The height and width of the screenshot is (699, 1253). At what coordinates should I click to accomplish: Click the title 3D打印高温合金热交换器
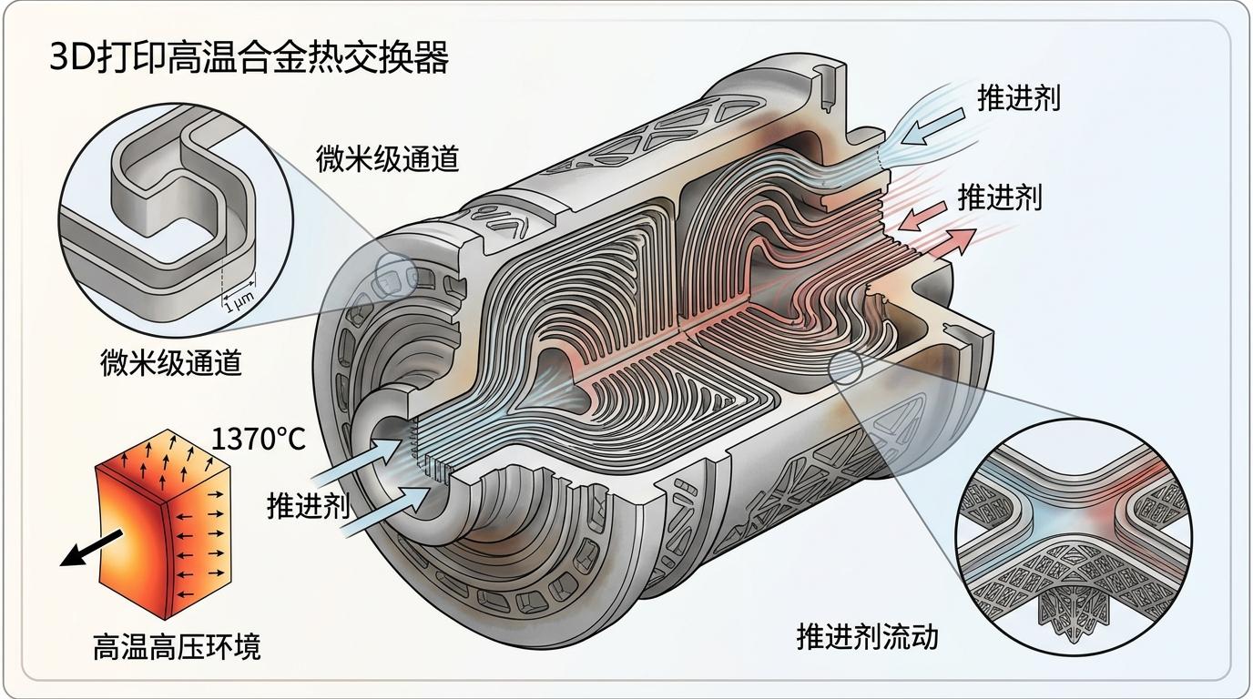[x=248, y=59]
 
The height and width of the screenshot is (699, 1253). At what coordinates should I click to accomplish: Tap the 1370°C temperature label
[x=259, y=441]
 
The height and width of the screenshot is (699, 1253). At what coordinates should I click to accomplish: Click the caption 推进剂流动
[x=867, y=636]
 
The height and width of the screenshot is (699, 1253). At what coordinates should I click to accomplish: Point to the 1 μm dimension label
[x=239, y=307]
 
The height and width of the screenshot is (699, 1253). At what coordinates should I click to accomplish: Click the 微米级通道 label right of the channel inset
[x=387, y=158]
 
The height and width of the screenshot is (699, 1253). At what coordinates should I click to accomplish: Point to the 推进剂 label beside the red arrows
[x=999, y=198]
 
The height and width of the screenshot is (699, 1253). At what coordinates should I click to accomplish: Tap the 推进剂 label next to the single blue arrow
[x=1019, y=98]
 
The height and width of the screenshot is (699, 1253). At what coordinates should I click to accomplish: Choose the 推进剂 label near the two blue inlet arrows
[x=308, y=506]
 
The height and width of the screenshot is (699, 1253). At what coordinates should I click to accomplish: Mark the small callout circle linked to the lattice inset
[x=847, y=366]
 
